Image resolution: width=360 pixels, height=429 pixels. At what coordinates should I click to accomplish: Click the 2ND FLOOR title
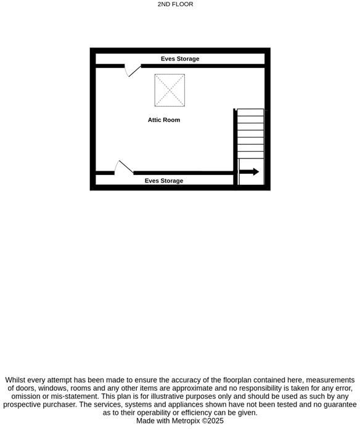coord(175,4)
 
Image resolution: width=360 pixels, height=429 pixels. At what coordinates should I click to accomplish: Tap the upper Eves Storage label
coord(180,59)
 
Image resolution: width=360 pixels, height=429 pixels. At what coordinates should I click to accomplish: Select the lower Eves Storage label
coord(164,181)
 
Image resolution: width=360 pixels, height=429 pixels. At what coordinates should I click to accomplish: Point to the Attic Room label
coord(164,120)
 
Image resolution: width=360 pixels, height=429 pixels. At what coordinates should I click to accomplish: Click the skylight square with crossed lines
coord(170,89)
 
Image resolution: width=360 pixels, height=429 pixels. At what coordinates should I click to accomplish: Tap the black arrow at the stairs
coord(249,172)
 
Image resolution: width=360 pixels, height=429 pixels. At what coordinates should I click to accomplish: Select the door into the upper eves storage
coord(132,70)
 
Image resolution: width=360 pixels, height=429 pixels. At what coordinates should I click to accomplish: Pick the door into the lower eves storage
coord(124,167)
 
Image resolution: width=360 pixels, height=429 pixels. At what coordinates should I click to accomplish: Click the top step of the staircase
coord(251,113)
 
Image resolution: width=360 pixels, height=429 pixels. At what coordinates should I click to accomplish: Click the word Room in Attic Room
coord(172,120)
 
